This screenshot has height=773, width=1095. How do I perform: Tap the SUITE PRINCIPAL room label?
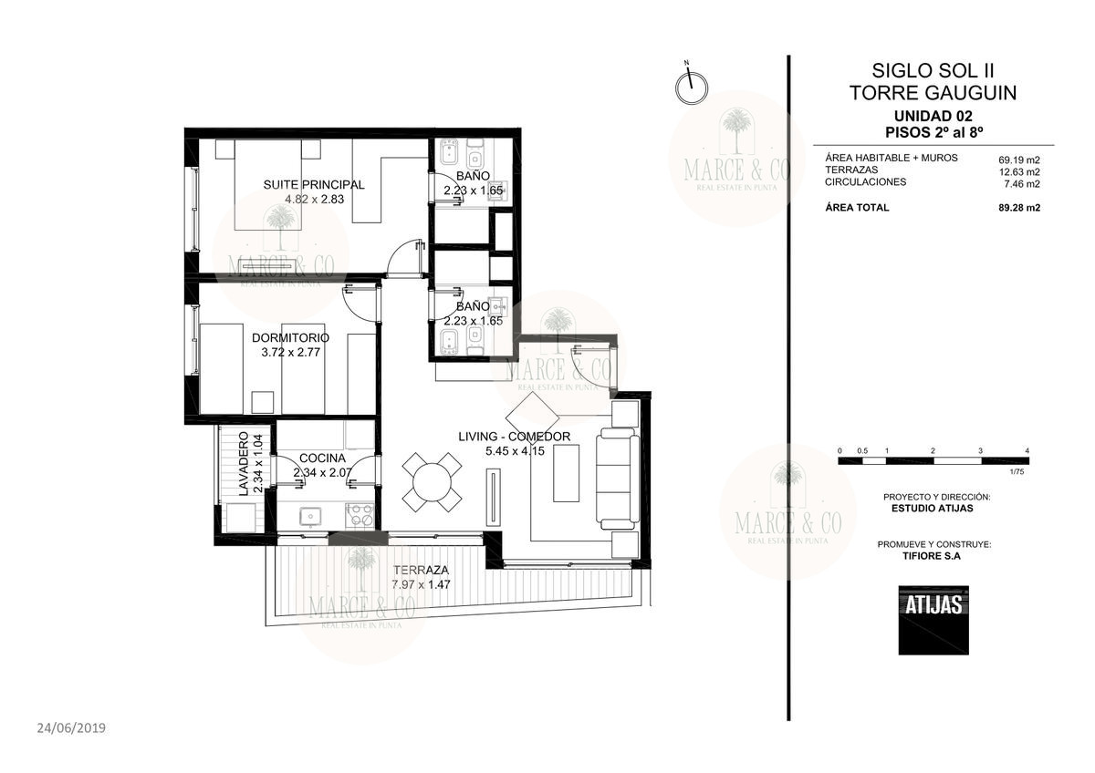pos(314,184)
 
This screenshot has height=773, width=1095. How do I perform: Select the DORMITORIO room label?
pos(290,337)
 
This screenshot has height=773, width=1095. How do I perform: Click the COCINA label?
pos(322,458)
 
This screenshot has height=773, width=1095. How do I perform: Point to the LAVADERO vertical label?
pos(244,464)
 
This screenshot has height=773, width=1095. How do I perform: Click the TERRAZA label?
pos(421,570)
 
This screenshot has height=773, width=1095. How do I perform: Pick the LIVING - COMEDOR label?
pos(515,437)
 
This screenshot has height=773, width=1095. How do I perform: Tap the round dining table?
pos(433,482)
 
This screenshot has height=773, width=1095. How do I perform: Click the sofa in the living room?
pos(618,479)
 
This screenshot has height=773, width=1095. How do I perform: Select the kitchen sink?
pos(310,517)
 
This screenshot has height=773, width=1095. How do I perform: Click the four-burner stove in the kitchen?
pos(360,515)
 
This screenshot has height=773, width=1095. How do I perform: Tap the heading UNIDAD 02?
pos(933,116)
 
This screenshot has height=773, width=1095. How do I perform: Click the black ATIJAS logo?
pos(933,620)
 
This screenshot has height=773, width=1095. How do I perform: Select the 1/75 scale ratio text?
pos(1017,471)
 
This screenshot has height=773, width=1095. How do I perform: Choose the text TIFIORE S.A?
pos(932,556)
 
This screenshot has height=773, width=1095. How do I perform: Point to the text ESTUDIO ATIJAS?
pos(933,508)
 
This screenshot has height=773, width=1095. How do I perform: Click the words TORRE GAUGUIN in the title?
pos(933,93)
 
